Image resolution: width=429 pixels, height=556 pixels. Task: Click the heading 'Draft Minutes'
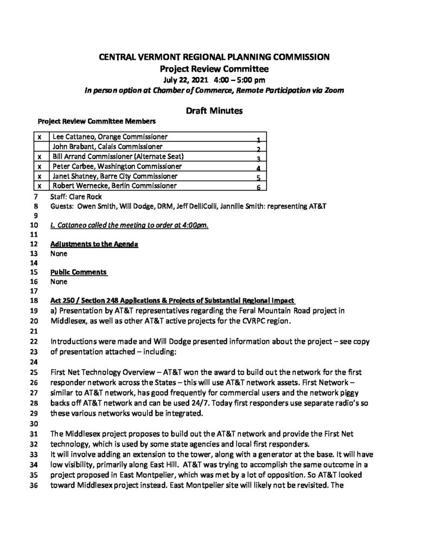click(x=214, y=111)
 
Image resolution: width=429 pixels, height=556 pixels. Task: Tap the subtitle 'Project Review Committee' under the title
click(x=214, y=69)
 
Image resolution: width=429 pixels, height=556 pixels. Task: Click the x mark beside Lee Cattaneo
click(x=41, y=137)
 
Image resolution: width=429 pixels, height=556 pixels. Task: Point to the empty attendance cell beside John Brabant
click(x=41, y=147)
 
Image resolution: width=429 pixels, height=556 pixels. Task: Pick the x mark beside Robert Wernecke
click(x=41, y=186)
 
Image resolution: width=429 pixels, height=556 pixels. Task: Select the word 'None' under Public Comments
click(x=59, y=282)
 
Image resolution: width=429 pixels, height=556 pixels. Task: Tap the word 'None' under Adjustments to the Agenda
click(x=59, y=254)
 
